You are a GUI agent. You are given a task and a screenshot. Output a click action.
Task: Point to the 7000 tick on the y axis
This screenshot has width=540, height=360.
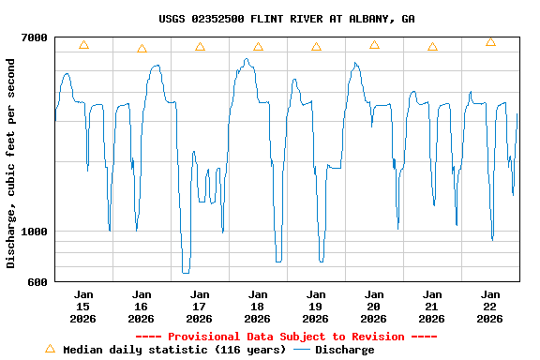(35, 37)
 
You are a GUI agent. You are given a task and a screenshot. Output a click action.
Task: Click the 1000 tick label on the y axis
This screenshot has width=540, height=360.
(35, 232)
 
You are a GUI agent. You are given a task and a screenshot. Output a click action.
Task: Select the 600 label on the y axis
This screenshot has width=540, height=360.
(37, 282)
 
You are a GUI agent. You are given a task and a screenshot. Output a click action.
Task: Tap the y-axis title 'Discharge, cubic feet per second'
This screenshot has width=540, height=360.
(11, 163)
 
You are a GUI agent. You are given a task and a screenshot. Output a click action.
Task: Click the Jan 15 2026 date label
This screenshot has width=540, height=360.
(83, 306)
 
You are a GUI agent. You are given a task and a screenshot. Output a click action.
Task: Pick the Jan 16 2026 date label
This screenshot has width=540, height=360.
(142, 306)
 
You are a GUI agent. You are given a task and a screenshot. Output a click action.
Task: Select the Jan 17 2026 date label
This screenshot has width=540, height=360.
(200, 306)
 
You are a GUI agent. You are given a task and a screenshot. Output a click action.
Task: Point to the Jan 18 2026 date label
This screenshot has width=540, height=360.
(258, 306)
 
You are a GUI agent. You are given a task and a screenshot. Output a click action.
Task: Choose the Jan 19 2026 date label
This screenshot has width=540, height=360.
(316, 306)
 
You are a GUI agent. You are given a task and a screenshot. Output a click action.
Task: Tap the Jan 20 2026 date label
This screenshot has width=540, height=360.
(374, 306)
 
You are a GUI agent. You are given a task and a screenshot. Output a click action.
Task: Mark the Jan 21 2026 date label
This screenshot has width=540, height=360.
(432, 306)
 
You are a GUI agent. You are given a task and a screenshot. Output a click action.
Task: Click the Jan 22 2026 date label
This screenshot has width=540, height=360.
(490, 306)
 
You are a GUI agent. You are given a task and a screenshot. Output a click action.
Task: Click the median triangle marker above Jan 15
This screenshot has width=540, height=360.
(83, 45)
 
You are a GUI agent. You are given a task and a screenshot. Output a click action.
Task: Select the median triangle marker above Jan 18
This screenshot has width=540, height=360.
(258, 46)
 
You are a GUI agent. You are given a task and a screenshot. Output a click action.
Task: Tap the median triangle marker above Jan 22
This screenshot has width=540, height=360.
(490, 42)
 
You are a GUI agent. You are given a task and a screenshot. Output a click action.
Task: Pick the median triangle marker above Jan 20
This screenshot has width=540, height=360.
(374, 44)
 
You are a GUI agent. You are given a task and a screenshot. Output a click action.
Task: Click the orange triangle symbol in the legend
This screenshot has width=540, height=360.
(50, 348)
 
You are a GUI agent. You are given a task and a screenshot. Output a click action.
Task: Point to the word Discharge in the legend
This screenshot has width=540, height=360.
(344, 350)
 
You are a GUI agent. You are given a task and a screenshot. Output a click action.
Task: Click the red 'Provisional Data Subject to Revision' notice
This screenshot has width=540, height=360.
(286, 337)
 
